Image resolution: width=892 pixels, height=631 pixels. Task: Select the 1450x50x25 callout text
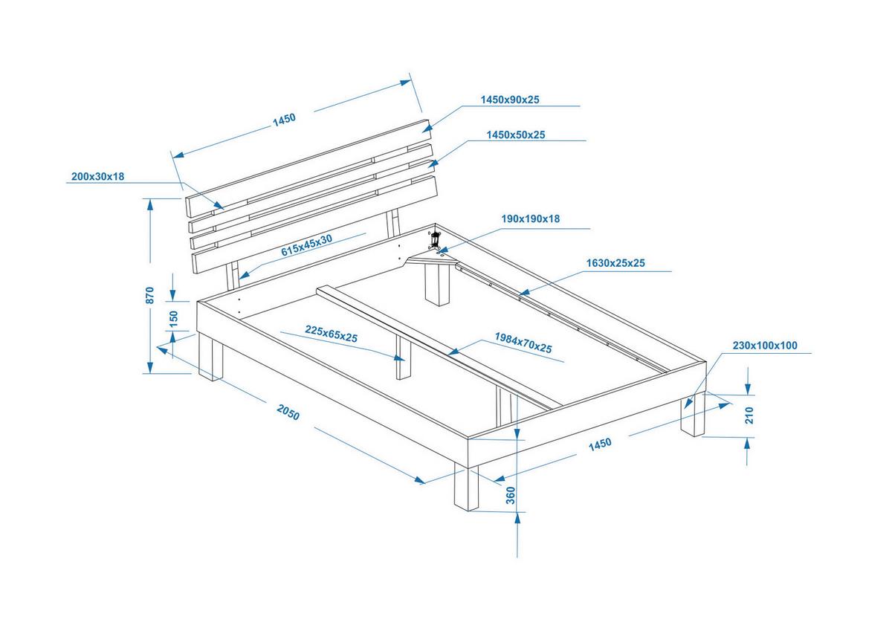[x=516, y=135]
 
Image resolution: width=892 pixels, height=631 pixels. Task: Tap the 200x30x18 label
[x=97, y=177]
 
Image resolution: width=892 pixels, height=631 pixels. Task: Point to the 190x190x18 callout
[x=530, y=219]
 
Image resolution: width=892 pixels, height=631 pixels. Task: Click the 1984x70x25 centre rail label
[x=523, y=343]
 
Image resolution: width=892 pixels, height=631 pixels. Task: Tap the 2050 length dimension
[x=288, y=412]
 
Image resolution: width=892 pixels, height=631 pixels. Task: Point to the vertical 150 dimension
[x=174, y=318]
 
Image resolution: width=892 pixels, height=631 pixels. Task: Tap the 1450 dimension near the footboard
[x=599, y=444]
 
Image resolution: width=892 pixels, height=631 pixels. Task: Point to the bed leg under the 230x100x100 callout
[x=693, y=416]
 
